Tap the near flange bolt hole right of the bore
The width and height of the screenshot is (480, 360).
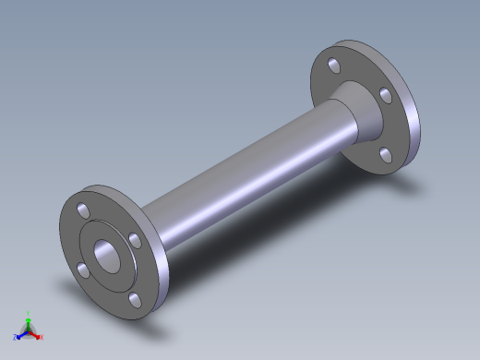(x=135, y=240)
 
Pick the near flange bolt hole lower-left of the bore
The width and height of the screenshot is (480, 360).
(x=83, y=269)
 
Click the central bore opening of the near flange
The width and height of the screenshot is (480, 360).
(x=109, y=255)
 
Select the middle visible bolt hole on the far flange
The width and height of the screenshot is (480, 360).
(x=383, y=94)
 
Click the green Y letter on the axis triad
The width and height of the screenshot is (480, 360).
(x=29, y=313)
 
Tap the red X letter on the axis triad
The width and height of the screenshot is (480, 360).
(x=42, y=337)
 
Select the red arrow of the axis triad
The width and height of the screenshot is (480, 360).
(x=35, y=334)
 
